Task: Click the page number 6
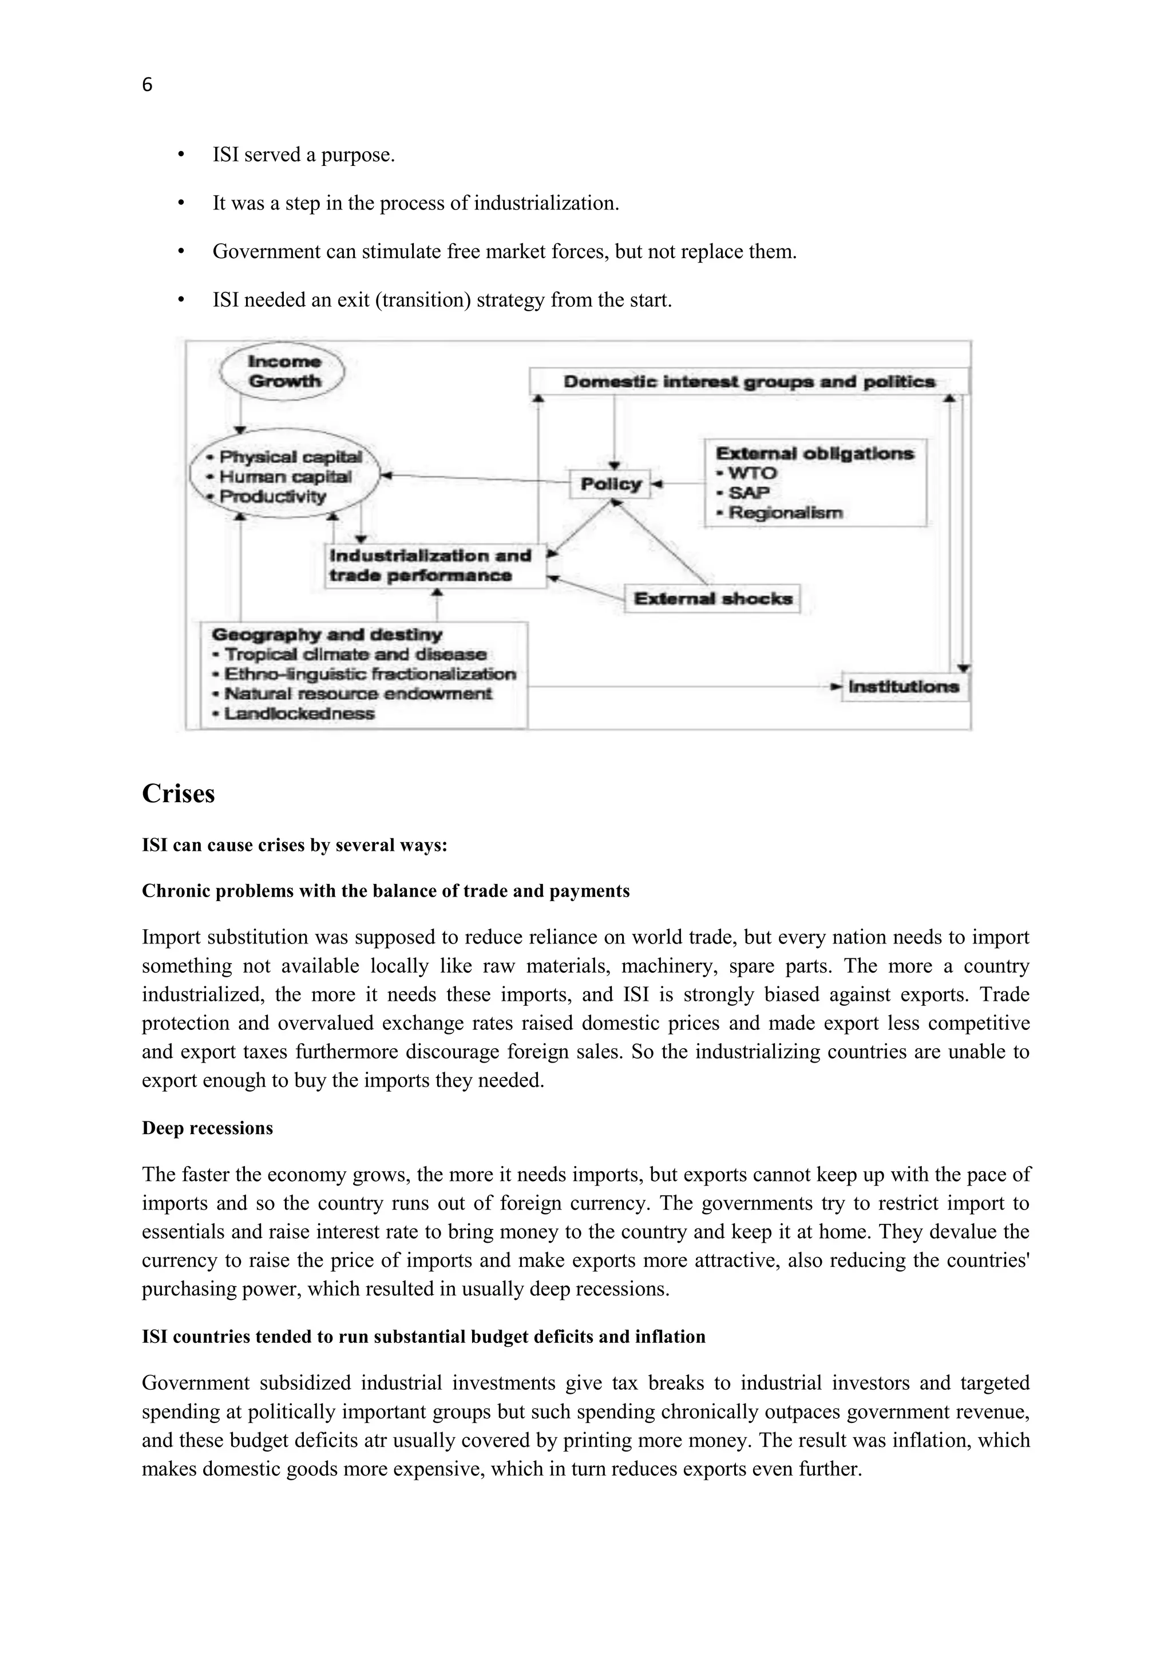pos(147,85)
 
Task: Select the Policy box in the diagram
pos(611,483)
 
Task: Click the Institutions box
pos(904,687)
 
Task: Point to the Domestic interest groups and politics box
pos(749,382)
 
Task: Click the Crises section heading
pos(178,793)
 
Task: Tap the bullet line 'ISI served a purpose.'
pos(303,155)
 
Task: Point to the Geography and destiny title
pos(326,635)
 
